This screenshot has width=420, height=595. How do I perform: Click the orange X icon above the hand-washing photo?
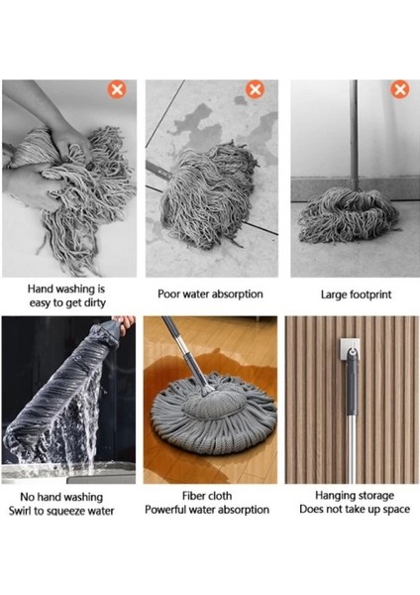(x=117, y=90)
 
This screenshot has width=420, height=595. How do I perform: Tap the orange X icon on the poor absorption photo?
(x=256, y=90)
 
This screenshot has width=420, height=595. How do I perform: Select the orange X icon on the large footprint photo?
(x=400, y=90)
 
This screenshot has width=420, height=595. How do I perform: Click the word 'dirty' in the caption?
(x=95, y=303)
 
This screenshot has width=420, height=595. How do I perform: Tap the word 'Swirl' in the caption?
(x=20, y=511)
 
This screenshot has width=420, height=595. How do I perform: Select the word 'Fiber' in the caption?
(x=194, y=496)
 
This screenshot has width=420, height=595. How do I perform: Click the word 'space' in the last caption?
(x=396, y=510)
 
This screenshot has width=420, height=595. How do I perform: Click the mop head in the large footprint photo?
(x=348, y=215)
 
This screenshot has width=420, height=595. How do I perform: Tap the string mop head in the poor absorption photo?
(x=208, y=193)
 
